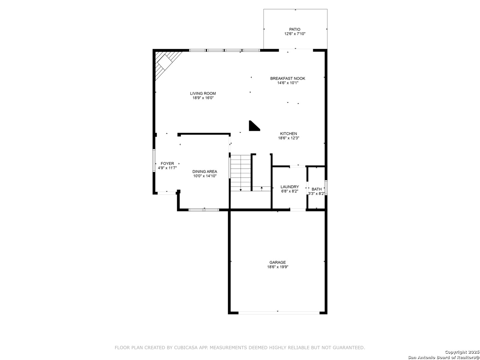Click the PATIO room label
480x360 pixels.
(x=295, y=29)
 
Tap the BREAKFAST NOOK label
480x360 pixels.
(x=288, y=78)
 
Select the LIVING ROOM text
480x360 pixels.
(x=203, y=93)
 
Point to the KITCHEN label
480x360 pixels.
(x=288, y=134)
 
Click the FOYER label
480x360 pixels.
(x=167, y=163)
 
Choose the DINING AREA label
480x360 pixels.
(x=205, y=172)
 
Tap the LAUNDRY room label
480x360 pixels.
(x=290, y=187)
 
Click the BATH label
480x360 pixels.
(x=316, y=189)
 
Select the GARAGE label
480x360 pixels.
(x=278, y=262)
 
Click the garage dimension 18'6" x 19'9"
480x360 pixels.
(x=278, y=267)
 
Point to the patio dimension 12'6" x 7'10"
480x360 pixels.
(x=295, y=34)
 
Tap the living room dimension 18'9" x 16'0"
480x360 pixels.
(x=203, y=98)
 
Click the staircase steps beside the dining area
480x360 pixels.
(x=241, y=173)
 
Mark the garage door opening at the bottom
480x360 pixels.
(x=279, y=313)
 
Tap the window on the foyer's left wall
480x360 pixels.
(x=154, y=160)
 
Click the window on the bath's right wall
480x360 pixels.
(x=326, y=188)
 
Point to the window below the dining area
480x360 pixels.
(x=204, y=210)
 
